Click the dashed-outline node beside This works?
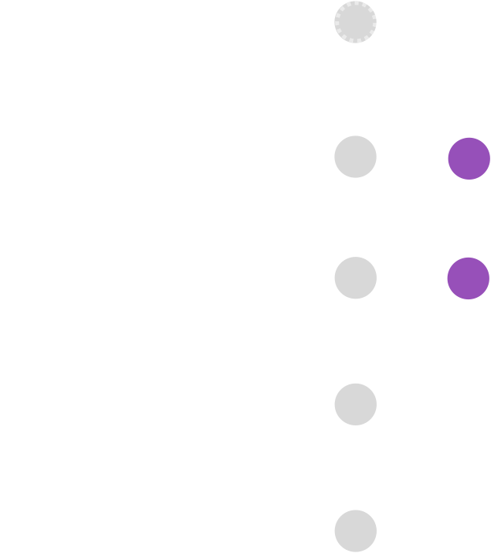pos(355,22)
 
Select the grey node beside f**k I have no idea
pos(355,157)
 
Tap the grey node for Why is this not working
pos(355,278)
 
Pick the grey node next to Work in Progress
pos(355,404)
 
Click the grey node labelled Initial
pos(355,530)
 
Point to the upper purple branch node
pos(469,158)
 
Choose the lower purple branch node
pos(469,278)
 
